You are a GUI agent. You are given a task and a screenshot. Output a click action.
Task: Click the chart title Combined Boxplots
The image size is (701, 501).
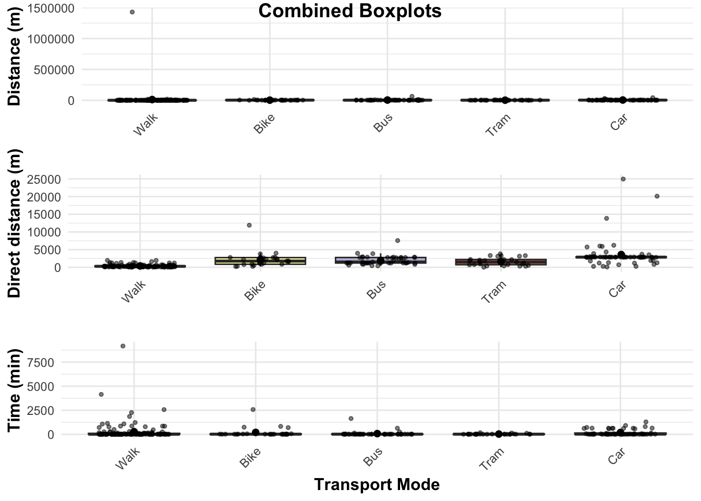coord(349,10)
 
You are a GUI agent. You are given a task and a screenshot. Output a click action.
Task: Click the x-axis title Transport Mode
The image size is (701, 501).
coord(377,484)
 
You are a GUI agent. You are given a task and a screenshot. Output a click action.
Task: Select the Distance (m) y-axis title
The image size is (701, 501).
coord(15,56)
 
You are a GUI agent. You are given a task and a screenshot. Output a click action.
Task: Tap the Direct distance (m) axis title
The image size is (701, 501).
coord(15,223)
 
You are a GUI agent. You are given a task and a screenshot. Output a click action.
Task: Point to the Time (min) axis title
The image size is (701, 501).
coord(15,390)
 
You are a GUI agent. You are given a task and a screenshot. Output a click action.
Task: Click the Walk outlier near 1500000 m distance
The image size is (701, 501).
coord(132,12)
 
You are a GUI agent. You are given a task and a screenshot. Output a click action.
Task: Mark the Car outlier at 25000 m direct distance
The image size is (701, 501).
coord(623,179)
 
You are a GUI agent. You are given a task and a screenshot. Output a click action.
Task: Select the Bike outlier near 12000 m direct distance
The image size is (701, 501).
coord(249,225)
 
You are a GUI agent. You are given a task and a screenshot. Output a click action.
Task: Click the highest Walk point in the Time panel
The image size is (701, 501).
coord(123,346)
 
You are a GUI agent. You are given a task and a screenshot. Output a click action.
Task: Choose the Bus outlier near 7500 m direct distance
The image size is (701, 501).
coord(397,241)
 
